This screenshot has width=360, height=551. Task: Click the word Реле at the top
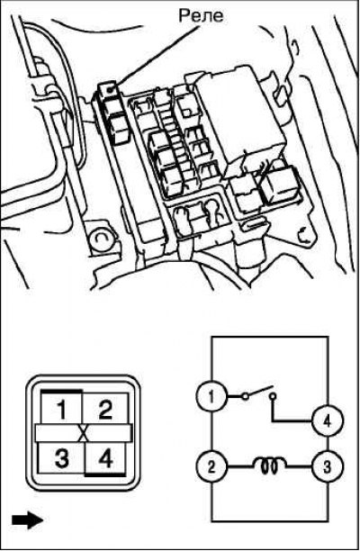201,16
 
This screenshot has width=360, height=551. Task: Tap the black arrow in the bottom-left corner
27,519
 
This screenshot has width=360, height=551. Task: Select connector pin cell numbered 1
61,409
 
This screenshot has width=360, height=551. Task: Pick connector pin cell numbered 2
105,409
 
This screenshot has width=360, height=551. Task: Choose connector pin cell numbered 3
61,457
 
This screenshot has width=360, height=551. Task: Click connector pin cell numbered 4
105,457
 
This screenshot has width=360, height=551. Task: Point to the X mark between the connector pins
84,433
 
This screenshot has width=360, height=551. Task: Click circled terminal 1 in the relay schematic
211,397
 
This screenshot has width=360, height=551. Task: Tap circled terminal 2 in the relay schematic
211,467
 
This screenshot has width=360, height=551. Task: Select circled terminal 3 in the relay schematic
328,467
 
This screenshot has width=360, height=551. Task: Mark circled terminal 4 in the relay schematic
328,421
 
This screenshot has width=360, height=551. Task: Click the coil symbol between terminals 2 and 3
269,465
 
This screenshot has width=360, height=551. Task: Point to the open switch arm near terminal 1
258,392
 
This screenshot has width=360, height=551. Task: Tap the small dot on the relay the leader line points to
110,90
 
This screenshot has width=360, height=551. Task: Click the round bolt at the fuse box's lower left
101,240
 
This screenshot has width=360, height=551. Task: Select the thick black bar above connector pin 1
61,391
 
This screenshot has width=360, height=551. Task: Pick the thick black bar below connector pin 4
105,474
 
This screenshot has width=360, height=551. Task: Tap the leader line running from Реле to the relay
155,56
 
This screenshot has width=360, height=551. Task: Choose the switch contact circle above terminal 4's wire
274,396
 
